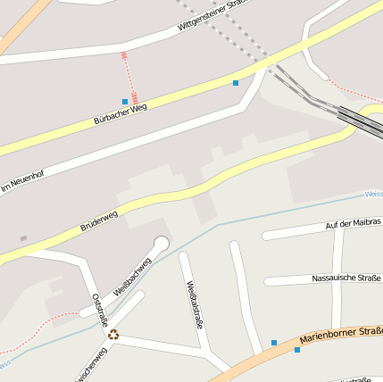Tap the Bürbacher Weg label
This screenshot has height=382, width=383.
[120, 113]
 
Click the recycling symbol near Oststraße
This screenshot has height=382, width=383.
[113, 335]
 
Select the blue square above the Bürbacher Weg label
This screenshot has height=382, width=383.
[124, 102]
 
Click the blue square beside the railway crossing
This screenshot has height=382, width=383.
[236, 83]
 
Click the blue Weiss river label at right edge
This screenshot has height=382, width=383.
[374, 193]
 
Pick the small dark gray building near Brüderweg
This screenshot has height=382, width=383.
[23, 238]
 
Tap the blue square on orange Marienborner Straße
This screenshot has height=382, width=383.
[297, 350]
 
